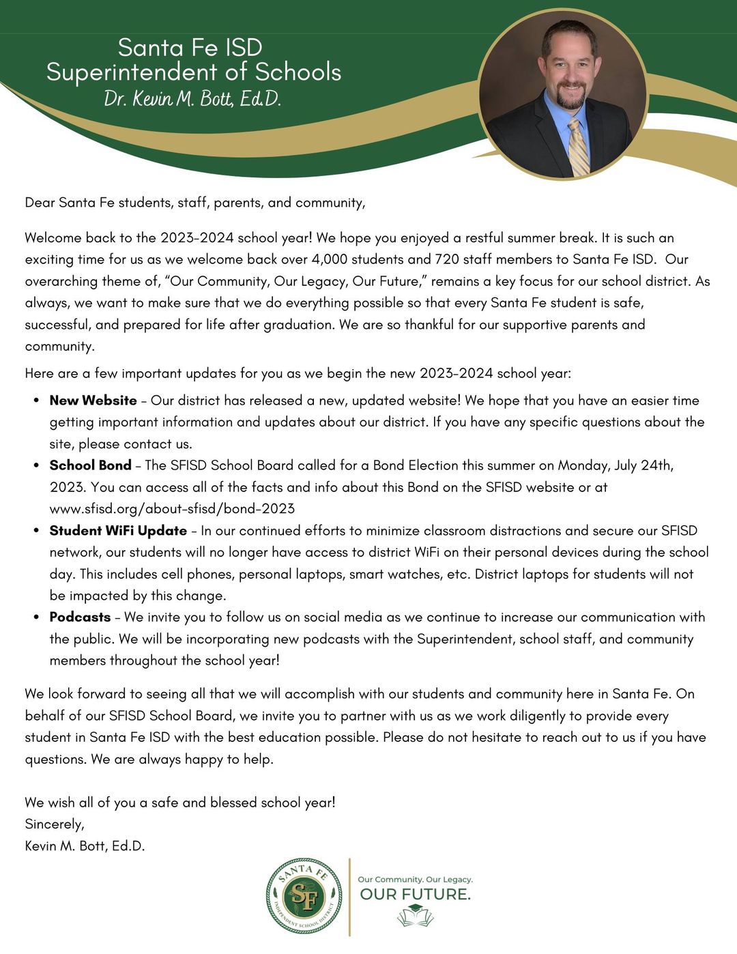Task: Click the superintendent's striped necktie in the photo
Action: tap(579, 147)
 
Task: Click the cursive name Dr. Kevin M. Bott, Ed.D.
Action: tap(192, 99)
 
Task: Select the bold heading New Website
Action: tap(93, 401)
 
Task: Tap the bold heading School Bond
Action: tap(90, 465)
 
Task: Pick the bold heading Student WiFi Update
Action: tap(118, 530)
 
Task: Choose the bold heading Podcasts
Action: tap(80, 617)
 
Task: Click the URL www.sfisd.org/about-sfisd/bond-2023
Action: tap(172, 508)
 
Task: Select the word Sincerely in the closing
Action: tap(54, 824)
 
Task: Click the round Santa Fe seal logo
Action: tap(304, 897)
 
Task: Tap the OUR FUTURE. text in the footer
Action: tap(415, 894)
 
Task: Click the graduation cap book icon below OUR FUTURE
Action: tap(415, 915)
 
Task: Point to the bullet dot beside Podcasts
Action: tap(35, 617)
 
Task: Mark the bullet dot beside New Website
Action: tap(35, 401)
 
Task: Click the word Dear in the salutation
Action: tap(40, 203)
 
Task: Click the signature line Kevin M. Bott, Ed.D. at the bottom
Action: tap(85, 846)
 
